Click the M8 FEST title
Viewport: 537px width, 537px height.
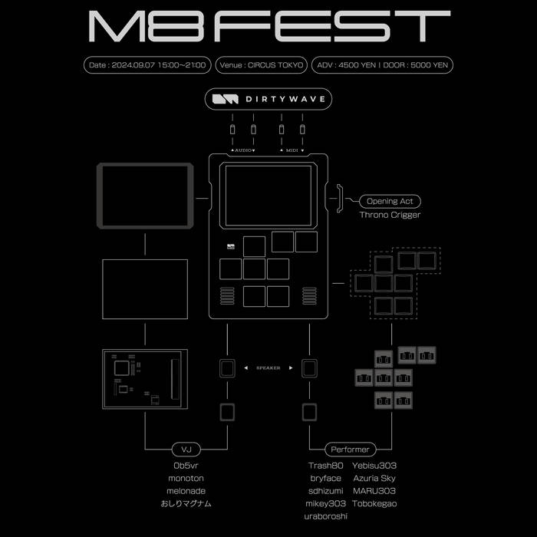pos(269,26)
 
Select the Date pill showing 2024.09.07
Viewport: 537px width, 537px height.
pos(147,65)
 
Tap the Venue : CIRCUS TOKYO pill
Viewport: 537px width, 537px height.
pos(262,65)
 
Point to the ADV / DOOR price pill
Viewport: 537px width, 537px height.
pos(382,65)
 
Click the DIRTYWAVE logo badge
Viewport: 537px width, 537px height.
pos(268,99)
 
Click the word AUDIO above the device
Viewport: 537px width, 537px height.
pos(243,150)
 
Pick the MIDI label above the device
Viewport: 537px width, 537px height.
pos(292,150)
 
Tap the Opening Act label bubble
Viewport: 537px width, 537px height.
pos(390,201)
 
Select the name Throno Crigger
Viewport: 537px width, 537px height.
pos(390,215)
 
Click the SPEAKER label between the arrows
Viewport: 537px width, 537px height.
pos(268,367)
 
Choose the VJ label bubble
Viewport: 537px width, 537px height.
pos(186,450)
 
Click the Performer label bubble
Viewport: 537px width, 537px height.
pos(350,450)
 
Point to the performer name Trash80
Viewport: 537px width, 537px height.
pos(326,466)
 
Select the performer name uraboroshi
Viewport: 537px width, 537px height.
pos(326,516)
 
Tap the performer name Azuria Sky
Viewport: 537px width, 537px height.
pos(374,478)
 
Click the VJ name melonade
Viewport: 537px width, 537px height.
pos(186,491)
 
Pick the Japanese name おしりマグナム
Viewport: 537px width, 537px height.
pos(186,503)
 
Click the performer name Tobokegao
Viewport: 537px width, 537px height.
pos(374,503)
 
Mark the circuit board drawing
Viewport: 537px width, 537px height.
pos(145,379)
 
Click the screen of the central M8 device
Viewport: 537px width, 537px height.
pos(268,196)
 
